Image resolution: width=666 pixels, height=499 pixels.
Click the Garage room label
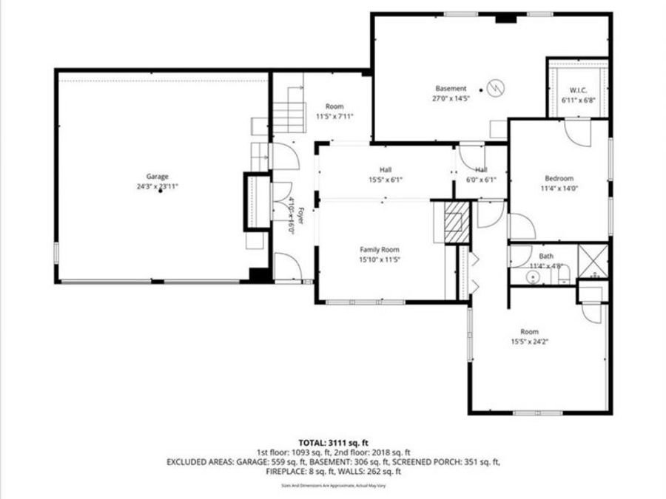click(157, 177)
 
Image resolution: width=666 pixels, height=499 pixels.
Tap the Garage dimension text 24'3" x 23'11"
click(157, 186)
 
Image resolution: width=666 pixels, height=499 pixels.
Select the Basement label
click(451, 89)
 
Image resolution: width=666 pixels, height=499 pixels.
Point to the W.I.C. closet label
click(578, 89)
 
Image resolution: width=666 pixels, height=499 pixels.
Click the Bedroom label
click(559, 178)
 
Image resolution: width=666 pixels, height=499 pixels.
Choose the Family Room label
click(380, 249)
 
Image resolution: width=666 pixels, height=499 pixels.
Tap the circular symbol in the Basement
click(496, 87)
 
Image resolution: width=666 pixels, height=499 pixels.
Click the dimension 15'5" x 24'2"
click(529, 342)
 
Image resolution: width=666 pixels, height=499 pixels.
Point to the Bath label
click(546, 256)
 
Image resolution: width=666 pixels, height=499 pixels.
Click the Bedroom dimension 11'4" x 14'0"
click(559, 188)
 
